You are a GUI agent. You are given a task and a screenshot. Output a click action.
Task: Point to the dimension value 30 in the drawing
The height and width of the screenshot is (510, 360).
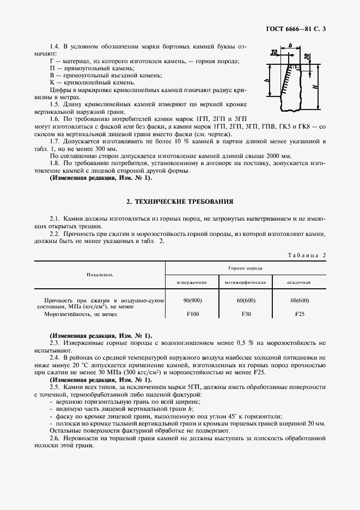click(274, 53)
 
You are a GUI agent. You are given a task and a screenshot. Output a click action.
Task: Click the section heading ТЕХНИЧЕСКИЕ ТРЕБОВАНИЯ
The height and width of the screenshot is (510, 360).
click(180, 202)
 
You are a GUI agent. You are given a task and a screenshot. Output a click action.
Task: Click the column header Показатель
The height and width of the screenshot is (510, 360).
click(100, 275)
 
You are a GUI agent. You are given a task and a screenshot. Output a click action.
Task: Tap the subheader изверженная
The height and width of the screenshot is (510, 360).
click(192, 283)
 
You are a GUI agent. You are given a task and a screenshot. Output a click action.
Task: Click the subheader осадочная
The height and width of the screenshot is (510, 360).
click(299, 283)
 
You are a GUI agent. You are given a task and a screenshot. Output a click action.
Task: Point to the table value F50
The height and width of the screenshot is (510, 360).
click(245, 314)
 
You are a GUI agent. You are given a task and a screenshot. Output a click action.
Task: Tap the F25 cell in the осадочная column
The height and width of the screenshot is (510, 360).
click(299, 314)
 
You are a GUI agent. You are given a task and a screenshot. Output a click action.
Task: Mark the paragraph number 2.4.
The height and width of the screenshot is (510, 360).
click(54, 357)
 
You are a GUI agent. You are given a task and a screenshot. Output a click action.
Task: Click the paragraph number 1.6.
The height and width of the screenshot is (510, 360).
click(54, 119)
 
